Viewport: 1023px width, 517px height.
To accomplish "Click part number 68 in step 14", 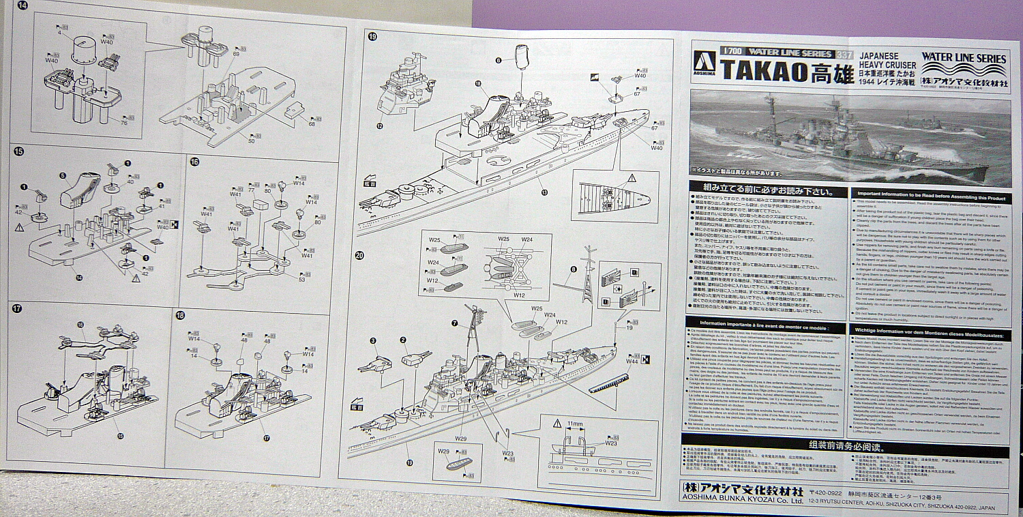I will click(312, 123).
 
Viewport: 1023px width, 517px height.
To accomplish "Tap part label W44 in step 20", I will click(632, 361).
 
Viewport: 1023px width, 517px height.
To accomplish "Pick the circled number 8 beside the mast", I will click(574, 269).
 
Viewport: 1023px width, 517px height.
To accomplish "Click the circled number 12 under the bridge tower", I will click(379, 125).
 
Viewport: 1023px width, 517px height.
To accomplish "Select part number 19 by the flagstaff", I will click(629, 327).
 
